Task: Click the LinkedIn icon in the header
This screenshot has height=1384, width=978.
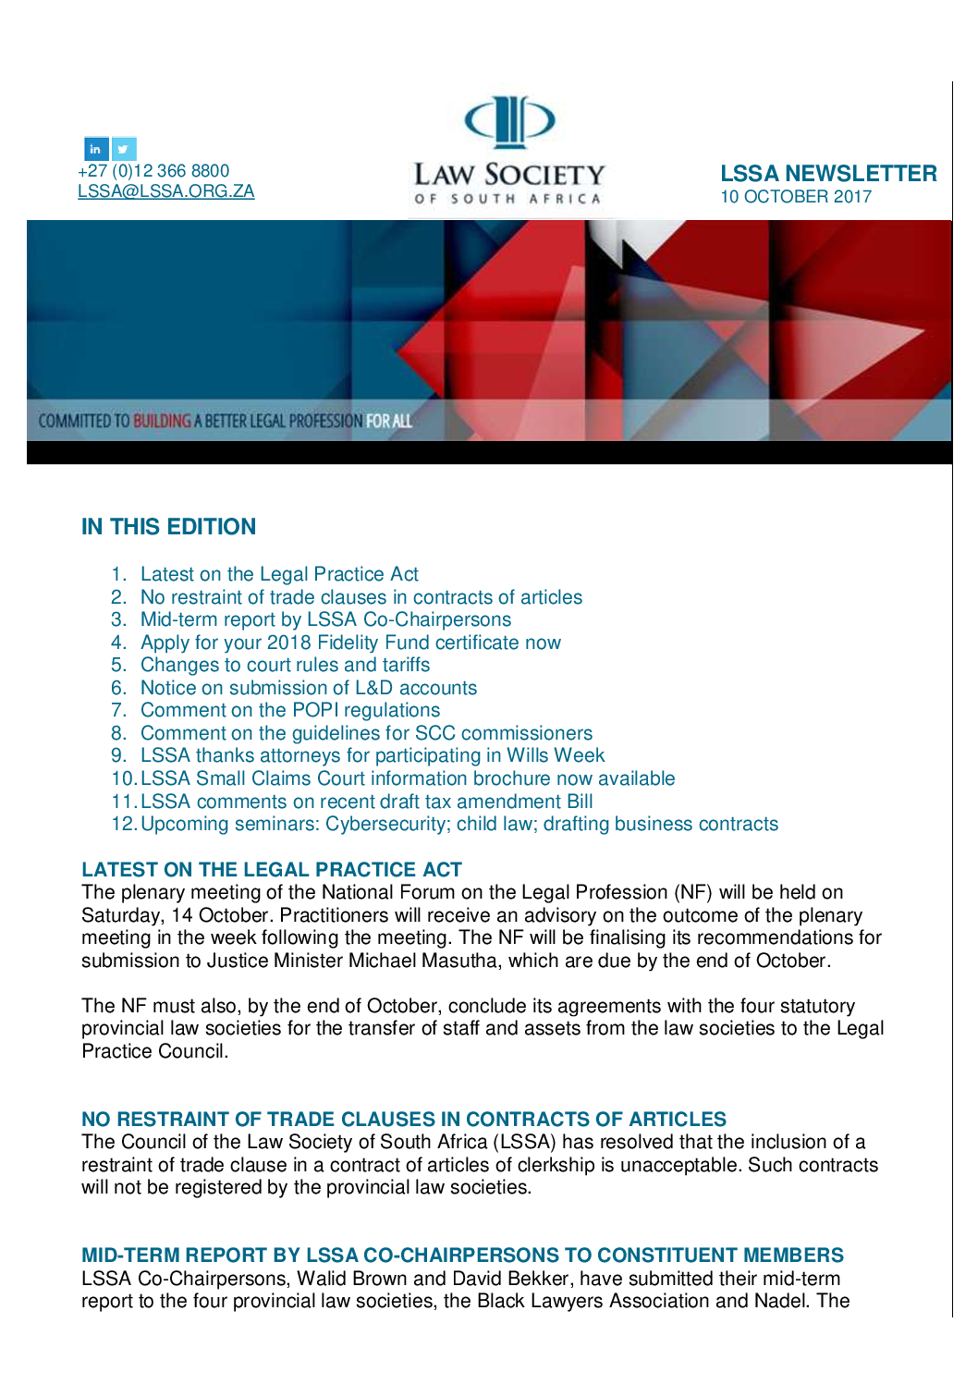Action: point(96,149)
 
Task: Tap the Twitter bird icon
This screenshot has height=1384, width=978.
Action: point(124,149)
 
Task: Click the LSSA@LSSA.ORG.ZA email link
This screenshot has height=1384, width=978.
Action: point(165,191)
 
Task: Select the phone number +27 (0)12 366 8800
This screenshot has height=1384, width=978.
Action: point(153,171)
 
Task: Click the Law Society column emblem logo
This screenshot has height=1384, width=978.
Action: point(508,121)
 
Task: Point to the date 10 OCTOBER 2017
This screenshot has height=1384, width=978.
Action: point(796,197)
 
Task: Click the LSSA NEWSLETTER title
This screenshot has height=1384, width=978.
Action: point(828,174)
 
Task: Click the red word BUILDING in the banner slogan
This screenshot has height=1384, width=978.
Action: point(162,422)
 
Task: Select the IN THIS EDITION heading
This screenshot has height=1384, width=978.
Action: point(168,527)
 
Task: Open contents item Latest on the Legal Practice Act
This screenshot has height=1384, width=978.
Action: point(279,574)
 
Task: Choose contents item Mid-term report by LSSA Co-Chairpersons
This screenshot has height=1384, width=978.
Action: point(325,619)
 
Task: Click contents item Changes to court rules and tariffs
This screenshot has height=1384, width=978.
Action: point(285,665)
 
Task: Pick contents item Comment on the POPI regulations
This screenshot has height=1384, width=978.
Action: point(290,710)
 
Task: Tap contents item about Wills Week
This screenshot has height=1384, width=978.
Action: point(373,755)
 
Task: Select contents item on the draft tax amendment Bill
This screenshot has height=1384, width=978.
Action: point(366,802)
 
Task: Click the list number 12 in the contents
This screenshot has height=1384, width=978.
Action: point(123,824)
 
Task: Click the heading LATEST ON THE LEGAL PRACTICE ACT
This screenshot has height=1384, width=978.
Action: point(272,870)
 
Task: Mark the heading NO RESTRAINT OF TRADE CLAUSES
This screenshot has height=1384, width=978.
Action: point(404,1120)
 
